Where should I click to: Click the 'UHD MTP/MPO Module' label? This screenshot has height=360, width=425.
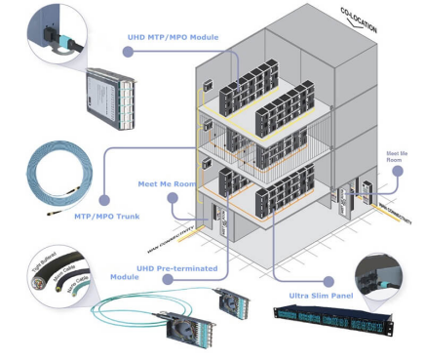coord(173,37)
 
